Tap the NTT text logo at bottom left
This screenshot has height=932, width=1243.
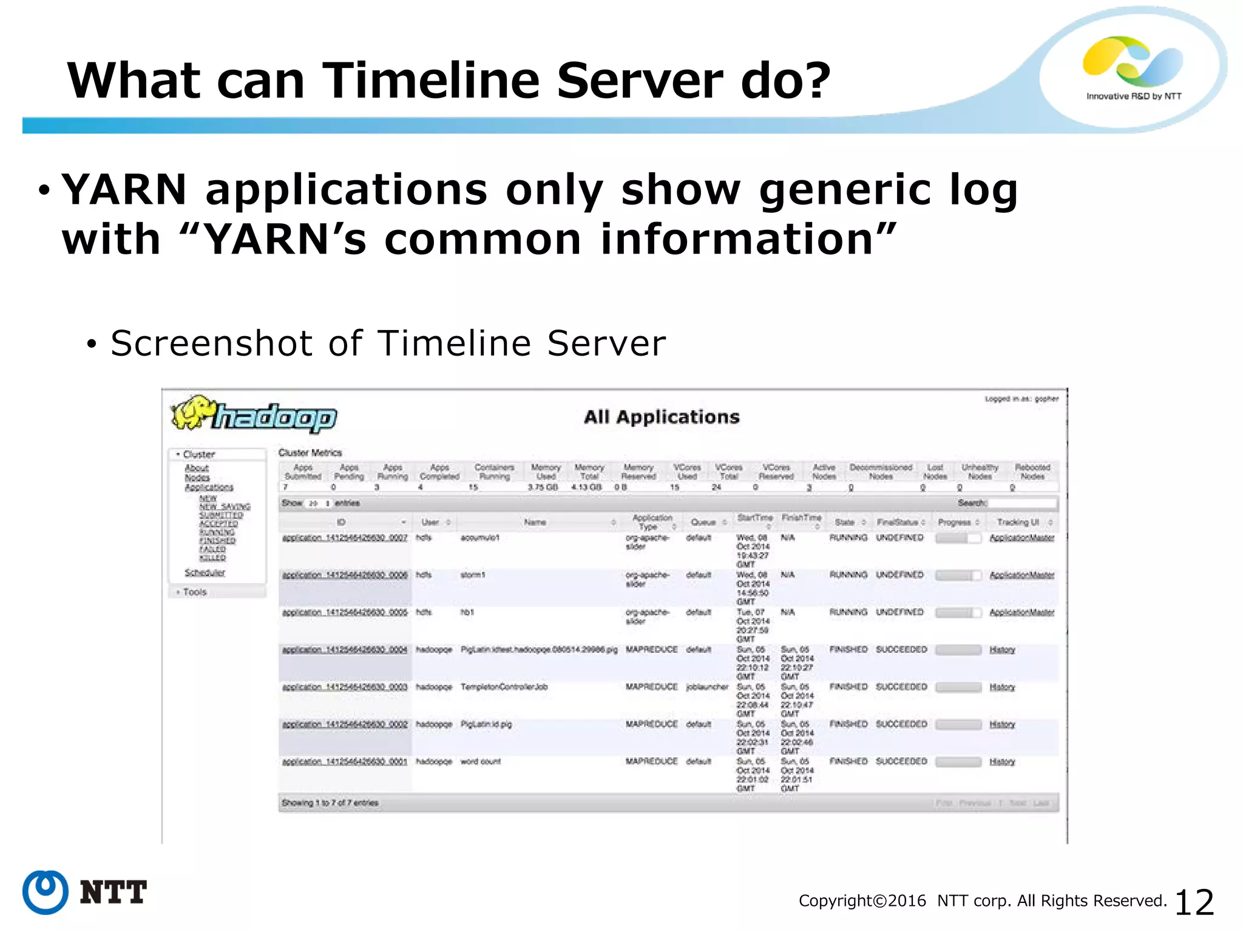(113, 892)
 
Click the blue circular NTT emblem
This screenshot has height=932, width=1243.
(45, 892)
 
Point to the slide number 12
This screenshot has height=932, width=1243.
(1194, 902)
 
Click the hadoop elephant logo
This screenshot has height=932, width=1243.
(253, 416)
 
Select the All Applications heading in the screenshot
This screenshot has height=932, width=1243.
(662, 417)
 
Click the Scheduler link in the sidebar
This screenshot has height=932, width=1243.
(205, 572)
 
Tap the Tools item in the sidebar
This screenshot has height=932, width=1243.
(195, 592)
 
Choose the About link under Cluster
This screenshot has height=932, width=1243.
(197, 468)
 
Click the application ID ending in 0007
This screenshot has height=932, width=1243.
(344, 538)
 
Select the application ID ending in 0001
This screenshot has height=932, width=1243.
(344, 761)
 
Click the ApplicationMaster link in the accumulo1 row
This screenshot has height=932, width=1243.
(1021, 538)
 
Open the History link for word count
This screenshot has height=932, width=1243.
(1002, 761)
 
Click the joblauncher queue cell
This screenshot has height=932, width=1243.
(707, 687)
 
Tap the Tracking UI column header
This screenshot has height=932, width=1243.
(1018, 522)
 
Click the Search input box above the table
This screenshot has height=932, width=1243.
(1023, 503)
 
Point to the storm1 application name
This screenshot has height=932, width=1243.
(473, 575)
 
